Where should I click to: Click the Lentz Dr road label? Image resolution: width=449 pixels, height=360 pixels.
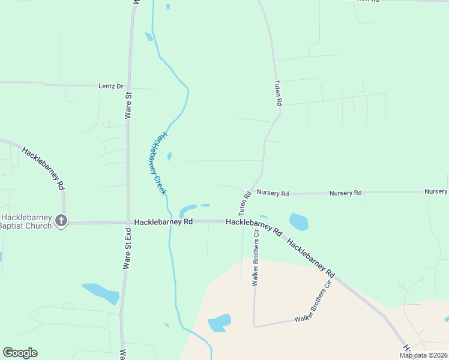coord(110,86)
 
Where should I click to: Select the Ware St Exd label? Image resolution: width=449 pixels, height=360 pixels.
coord(127,248)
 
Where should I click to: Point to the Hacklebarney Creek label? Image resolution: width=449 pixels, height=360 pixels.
coord(157,163)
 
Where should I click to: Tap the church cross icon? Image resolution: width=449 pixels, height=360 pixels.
coord(61,221)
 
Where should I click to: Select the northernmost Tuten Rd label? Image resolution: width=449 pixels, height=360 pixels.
coord(277,93)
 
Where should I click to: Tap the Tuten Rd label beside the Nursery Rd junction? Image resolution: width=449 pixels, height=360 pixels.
coord(244,203)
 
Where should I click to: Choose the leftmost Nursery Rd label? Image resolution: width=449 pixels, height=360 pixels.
coord(273,193)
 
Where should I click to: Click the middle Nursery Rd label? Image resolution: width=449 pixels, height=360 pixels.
coord(345,193)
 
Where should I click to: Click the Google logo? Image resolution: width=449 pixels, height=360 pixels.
coord(20,353)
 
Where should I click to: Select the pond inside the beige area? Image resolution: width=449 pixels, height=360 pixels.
coord(220,322)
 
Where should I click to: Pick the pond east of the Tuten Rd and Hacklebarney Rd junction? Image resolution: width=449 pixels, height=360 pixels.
coord(298,221)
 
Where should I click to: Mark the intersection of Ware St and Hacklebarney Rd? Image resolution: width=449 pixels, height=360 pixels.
coord(127,222)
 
